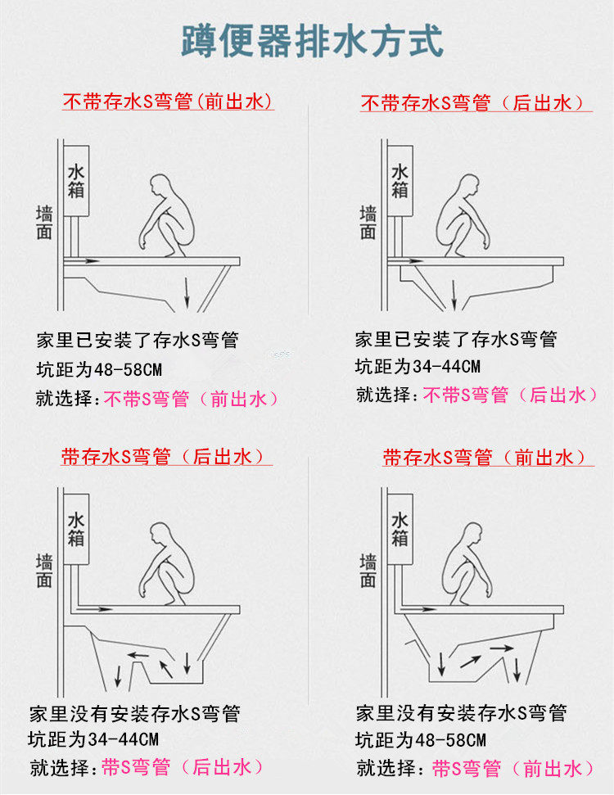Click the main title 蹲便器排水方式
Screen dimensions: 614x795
point(313,41)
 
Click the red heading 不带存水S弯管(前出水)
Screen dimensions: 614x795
point(168,102)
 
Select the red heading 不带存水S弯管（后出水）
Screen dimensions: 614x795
point(475,103)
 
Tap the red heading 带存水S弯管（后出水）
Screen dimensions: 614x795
point(166,456)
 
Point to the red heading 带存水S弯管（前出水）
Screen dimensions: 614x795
point(487,458)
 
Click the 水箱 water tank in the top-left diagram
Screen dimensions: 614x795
point(77,181)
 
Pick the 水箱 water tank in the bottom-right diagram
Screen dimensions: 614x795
point(400,530)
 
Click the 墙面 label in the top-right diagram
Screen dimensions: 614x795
point(368,223)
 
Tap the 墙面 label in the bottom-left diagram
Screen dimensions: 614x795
point(45,571)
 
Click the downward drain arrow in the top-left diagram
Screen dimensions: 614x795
point(187,292)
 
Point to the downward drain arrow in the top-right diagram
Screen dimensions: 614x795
point(454,295)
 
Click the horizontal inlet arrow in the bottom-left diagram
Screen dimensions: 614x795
point(94,608)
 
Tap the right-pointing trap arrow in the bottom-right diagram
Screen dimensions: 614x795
point(501,648)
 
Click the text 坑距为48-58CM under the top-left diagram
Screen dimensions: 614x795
point(99,369)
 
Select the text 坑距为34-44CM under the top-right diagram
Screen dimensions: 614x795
point(418,367)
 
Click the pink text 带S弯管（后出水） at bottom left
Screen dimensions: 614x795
point(183,767)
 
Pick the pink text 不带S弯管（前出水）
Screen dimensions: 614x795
point(192,399)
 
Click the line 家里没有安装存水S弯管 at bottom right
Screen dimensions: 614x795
point(461,713)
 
